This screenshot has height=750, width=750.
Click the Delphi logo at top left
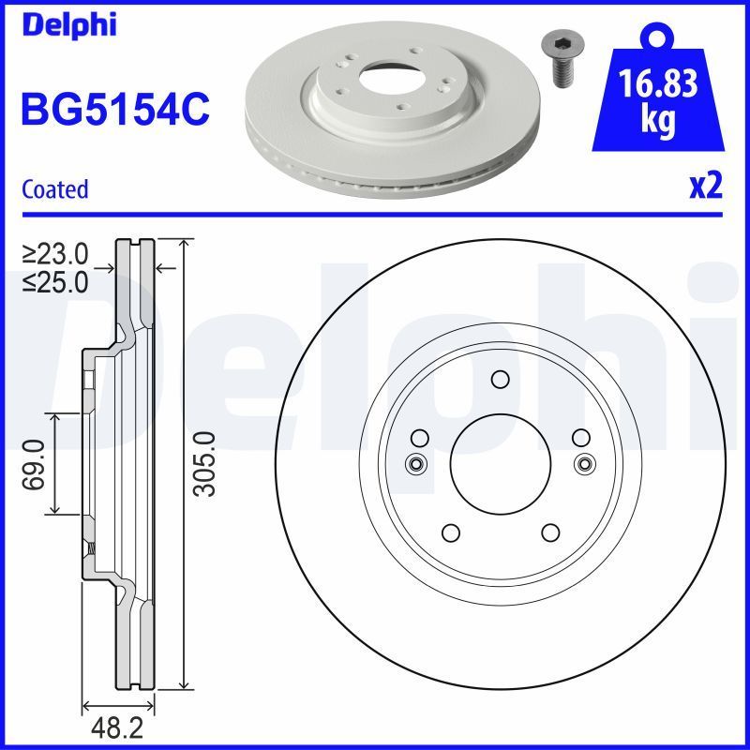[x=68, y=25]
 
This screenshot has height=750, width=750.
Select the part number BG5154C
[x=114, y=111]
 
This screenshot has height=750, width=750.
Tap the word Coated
[x=54, y=189]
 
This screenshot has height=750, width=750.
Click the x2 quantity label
[x=705, y=187]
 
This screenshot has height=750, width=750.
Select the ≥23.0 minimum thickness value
[x=55, y=253]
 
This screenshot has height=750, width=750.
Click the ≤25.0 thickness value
[x=55, y=280]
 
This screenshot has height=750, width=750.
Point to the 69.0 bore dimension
[x=36, y=463]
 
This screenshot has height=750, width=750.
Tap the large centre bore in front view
[x=500, y=462]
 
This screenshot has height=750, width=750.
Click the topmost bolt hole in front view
[x=500, y=379]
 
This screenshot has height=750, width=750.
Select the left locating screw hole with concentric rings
[x=415, y=463]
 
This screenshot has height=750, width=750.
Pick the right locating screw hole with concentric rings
[x=584, y=463]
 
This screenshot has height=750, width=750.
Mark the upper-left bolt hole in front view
[x=420, y=437]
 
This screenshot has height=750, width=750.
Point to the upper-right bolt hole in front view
[x=580, y=437]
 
